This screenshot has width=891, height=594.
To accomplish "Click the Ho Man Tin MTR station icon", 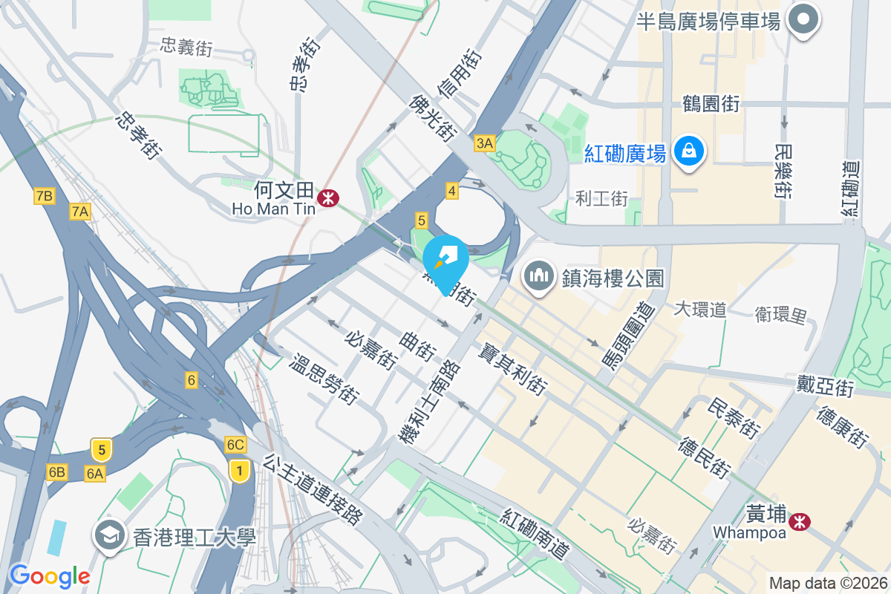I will (x=327, y=198).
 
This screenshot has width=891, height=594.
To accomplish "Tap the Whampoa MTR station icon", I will (x=800, y=522).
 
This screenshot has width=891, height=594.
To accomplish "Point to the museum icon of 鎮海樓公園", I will (x=539, y=276).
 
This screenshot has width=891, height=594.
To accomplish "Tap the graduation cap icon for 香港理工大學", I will (x=110, y=535).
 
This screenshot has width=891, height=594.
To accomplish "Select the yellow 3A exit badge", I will (x=485, y=143).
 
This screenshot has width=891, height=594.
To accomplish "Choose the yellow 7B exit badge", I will (x=44, y=196).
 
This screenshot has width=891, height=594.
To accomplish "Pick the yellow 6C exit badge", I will (x=235, y=445).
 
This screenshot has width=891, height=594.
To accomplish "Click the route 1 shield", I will (x=238, y=470).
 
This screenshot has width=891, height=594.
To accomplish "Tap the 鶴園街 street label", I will (x=711, y=103).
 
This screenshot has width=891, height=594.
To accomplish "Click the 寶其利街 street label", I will (x=513, y=368).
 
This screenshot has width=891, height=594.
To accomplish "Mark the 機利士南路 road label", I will (x=430, y=402).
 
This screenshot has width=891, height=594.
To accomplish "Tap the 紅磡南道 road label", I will (x=535, y=535).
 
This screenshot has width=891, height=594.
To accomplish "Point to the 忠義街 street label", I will (x=187, y=47).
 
